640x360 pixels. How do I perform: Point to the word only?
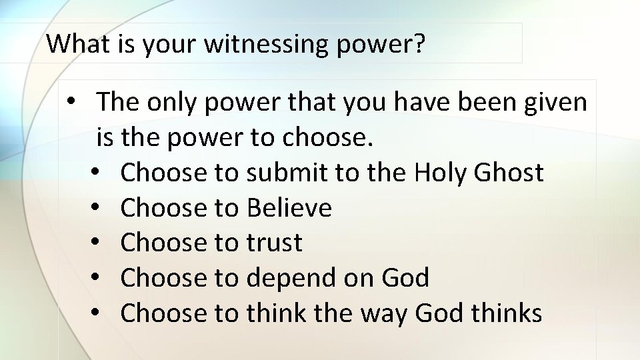click(173, 103)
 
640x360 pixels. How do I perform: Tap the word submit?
click(287, 173)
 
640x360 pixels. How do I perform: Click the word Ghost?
click(509, 173)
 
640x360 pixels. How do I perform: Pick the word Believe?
click(289, 208)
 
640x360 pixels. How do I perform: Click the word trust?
click(274, 243)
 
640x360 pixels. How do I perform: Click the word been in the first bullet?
click(481, 103)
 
